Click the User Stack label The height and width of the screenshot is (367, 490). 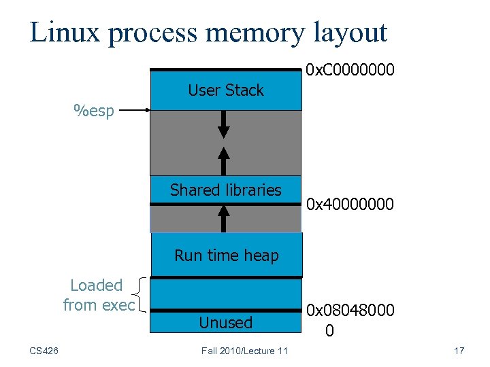click(225, 90)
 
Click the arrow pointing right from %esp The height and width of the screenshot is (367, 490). click(134, 110)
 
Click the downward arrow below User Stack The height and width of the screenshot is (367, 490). click(225, 125)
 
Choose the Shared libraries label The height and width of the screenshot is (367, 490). click(225, 190)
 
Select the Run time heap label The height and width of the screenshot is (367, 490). click(226, 256)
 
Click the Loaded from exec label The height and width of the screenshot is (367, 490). click(98, 296)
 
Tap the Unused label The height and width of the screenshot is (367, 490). click(225, 323)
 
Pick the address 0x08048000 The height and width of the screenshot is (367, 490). click(350, 311)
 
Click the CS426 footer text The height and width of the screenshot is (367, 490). click(44, 351)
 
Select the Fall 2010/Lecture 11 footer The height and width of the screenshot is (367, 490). click(244, 351)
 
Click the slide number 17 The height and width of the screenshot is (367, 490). click(459, 351)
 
